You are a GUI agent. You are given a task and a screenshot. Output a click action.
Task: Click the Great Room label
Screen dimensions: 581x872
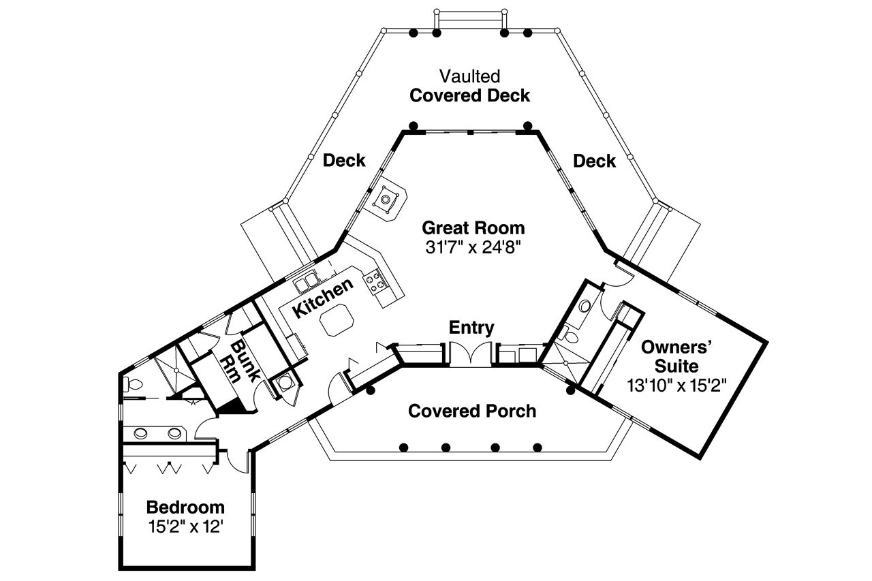click(473, 227)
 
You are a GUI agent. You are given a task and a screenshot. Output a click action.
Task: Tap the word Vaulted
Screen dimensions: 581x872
click(469, 76)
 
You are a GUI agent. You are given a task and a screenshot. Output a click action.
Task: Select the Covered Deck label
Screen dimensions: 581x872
click(469, 95)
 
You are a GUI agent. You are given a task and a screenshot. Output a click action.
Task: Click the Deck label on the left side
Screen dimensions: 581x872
click(344, 161)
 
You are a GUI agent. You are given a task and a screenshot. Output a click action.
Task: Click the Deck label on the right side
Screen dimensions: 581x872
click(594, 161)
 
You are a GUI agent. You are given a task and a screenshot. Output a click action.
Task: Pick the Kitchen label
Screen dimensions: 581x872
click(323, 298)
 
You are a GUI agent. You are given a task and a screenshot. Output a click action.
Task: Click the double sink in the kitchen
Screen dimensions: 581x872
click(306, 281)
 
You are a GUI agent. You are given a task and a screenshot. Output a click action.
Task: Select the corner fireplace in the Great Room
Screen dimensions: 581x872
click(388, 200)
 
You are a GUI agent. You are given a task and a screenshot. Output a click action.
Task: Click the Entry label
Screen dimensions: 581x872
click(471, 328)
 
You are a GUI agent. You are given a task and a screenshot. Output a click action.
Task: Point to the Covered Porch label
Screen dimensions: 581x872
click(472, 411)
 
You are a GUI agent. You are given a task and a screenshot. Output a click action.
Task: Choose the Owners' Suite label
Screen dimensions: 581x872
click(677, 356)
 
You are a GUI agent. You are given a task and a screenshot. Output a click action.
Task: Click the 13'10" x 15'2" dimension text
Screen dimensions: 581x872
click(677, 384)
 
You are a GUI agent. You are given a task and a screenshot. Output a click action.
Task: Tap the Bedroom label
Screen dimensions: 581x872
click(185, 507)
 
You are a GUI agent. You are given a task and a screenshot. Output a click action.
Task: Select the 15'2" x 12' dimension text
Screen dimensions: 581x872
click(185, 527)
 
